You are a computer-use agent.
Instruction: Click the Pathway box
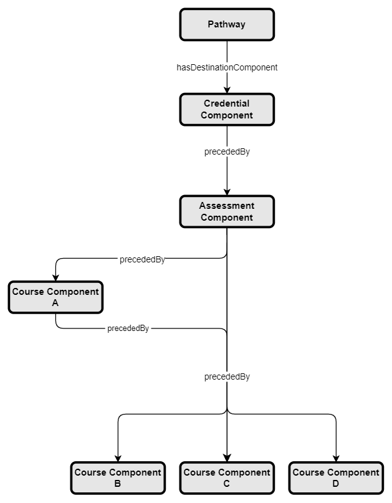point(227,24)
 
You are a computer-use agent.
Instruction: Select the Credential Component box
point(227,109)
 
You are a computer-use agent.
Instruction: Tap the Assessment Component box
point(227,211)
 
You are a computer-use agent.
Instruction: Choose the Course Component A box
point(55,297)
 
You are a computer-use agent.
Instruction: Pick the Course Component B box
point(118,477)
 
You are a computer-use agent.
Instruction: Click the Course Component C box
point(227,477)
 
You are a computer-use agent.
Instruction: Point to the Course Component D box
point(336,477)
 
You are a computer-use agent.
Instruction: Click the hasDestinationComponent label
point(227,67)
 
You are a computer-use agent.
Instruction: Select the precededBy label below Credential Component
point(227,151)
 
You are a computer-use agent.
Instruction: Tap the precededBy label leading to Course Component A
point(142,260)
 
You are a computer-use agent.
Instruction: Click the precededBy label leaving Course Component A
point(128,328)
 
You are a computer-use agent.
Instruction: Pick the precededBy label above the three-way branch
point(227,376)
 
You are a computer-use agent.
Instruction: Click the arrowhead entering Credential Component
point(227,90)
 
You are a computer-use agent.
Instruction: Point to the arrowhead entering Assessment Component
point(227,193)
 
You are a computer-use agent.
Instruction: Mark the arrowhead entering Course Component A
point(55,278)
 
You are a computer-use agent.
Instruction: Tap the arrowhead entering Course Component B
point(118,459)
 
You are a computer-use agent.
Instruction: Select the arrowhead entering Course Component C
point(227,459)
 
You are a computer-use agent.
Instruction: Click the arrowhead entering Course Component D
point(336,459)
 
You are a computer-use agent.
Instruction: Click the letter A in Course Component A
point(55,302)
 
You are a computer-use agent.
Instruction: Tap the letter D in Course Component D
point(336,483)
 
